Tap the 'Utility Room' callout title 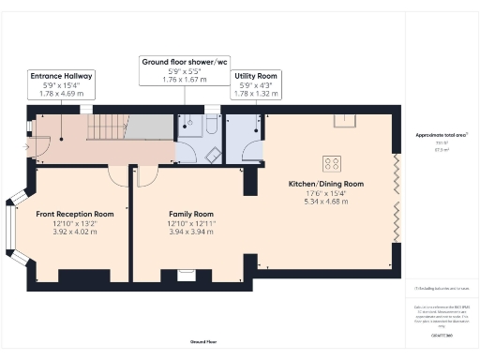coord(253,75)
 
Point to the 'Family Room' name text coord(191,214)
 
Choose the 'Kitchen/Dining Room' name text coord(326,184)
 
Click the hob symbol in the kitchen coord(333,160)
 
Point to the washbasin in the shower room coord(213,156)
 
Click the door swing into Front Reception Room coord(119,175)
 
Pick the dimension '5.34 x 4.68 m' coord(326,201)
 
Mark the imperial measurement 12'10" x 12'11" coord(191,223)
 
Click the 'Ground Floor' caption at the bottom coord(204,342)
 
